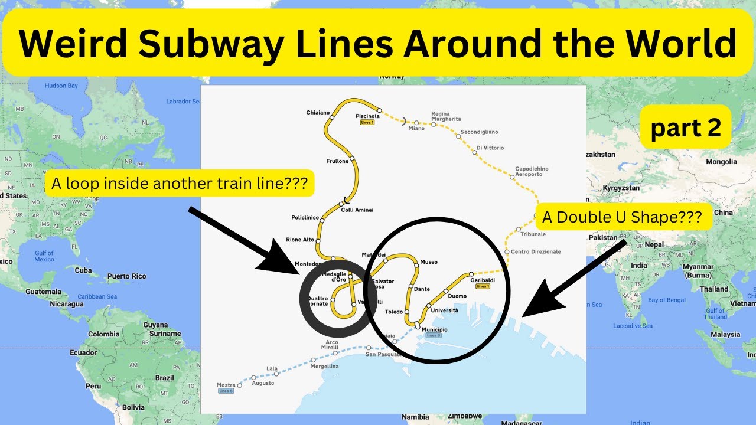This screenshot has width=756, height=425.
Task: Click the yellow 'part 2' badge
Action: coord(686,127)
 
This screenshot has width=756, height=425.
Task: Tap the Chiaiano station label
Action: coord(318,113)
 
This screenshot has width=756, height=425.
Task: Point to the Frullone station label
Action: coord(337,161)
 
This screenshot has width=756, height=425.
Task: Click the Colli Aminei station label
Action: coord(357,210)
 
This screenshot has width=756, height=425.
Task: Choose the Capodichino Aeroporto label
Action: coord(532,172)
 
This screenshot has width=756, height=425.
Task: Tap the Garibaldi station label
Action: coord(483,280)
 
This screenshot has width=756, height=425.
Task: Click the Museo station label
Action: coord(429,262)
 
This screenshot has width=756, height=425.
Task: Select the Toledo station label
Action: coord(394,312)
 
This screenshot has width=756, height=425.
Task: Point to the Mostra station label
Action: coord(226,385)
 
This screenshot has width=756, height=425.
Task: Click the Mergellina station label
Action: coord(325,367)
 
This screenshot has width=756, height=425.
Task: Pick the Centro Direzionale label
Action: coord(536,252)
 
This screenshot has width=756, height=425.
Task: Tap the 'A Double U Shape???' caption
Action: coord(622,217)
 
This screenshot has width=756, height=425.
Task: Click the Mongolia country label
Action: coord(722,162)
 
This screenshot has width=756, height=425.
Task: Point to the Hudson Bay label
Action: coord(61,86)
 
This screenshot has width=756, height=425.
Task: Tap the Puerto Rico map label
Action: coord(126,276)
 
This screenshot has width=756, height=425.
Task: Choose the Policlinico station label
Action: coord(305,218)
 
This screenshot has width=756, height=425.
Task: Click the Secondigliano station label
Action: coord(479,132)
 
